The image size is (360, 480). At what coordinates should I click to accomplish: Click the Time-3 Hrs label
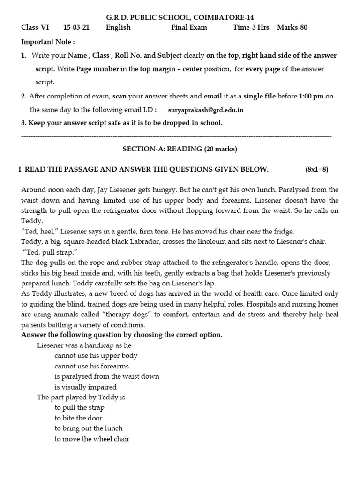click(x=251, y=27)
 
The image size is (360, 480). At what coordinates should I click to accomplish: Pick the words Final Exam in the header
click(x=189, y=27)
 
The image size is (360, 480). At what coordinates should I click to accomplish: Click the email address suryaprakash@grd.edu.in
click(x=206, y=111)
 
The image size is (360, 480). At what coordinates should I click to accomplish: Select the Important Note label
click(x=48, y=42)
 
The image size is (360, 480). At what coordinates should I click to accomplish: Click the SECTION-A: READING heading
click(x=180, y=149)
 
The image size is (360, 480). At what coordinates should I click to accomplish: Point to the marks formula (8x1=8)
click(x=317, y=169)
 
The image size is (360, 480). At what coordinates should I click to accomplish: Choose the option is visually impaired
click(x=85, y=387)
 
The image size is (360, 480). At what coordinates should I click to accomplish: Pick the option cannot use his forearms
click(x=91, y=366)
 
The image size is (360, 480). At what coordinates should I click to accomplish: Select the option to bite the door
click(x=78, y=418)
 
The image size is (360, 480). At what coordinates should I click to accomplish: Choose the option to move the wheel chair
click(x=92, y=439)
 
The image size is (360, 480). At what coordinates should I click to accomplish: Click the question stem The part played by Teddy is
click(x=81, y=397)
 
